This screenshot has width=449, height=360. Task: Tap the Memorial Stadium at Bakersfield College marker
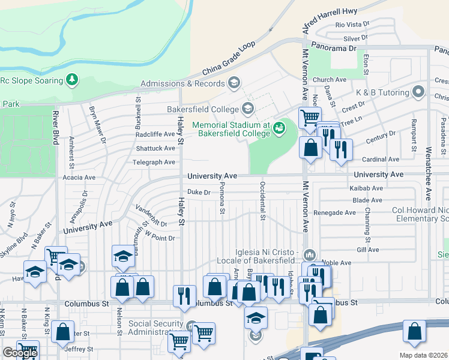[x=278, y=127]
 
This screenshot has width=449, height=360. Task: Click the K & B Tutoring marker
[x=419, y=92]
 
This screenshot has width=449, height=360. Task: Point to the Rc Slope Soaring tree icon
[x=73, y=79]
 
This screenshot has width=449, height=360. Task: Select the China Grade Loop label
[x=228, y=59]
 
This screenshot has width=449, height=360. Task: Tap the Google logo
[x=20, y=353]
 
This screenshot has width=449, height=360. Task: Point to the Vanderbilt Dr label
[x=150, y=215]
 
